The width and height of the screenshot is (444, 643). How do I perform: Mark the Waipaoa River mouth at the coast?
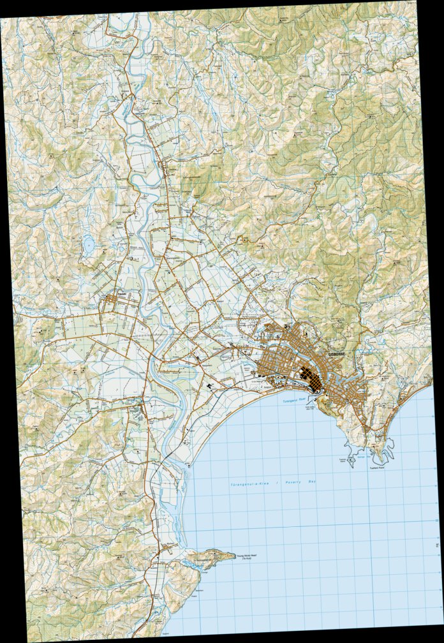(191, 468)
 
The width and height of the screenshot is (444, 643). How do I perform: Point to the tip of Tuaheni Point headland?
(383, 461)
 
